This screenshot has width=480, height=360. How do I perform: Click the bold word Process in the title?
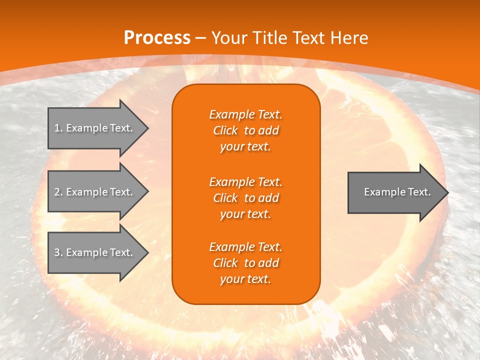(157, 38)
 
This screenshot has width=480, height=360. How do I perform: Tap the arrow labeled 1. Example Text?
(95, 128)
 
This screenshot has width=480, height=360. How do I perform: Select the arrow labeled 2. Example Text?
(95, 192)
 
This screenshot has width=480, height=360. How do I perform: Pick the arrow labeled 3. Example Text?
(95, 252)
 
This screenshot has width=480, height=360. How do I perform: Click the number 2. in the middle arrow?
(58, 192)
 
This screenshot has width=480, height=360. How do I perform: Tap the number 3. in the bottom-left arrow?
(58, 252)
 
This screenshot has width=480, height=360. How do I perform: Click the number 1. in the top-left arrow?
(58, 128)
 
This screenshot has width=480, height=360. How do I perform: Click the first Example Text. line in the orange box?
(245, 114)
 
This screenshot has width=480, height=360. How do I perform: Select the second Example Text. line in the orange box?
(245, 181)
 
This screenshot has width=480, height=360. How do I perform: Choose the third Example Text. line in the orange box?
(245, 247)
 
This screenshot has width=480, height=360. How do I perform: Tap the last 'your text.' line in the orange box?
(245, 279)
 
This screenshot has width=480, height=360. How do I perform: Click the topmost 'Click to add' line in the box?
(245, 130)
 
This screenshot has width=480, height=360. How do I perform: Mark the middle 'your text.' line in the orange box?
(245, 214)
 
